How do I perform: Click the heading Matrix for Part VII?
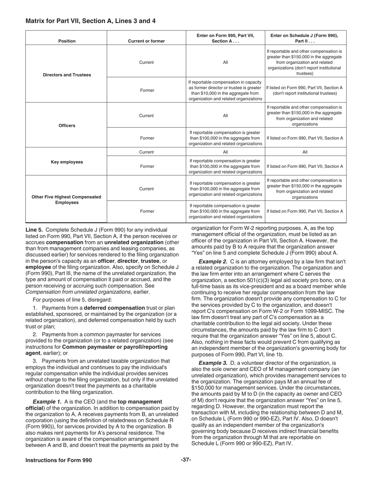pyautogui.click(x=90, y=21)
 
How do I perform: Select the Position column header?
pyautogui.click(x=67, y=41)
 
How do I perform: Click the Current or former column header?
pyautogui.click(x=146, y=41)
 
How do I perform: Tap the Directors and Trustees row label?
pyautogui.click(x=67, y=75)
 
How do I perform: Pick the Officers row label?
pyautogui.click(x=67, y=126)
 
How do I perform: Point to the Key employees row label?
pyautogui.click(x=67, y=162)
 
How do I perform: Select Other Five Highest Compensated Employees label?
pyautogui.click(x=67, y=199)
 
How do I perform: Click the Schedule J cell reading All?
pyautogui.click(x=305, y=152)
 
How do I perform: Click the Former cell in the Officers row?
pyautogui.click(x=147, y=138)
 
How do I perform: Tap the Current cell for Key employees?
pyautogui.click(x=146, y=152)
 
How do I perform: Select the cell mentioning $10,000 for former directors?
pyautogui.click(x=225, y=90)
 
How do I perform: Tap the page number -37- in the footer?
pyautogui.click(x=186, y=460)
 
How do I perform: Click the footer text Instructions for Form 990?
pyautogui.click(x=59, y=460)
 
